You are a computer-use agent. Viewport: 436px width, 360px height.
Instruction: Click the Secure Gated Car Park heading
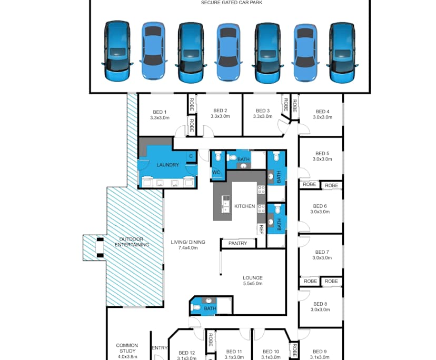(232, 3)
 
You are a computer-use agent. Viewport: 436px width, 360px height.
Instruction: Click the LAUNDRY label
(167, 165)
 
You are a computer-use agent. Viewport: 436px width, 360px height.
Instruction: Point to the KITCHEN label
(244, 206)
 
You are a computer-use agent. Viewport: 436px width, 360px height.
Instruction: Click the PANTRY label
(238, 244)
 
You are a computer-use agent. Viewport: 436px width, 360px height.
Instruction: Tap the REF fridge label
(261, 229)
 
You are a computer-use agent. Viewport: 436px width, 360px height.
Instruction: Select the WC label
(216, 172)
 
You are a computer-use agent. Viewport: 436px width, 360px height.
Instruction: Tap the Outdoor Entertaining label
(132, 242)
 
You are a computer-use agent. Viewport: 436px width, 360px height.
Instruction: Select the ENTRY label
(160, 348)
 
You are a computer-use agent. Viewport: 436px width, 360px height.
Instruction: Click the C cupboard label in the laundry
(191, 156)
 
